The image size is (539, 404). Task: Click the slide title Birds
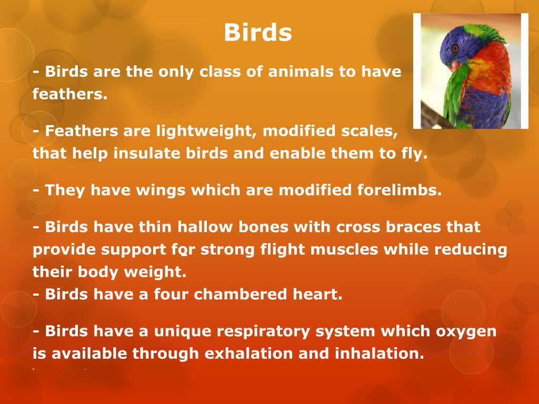coord(258,32)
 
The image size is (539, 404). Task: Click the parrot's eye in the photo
coord(455,48)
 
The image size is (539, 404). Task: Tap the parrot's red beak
coord(454,66)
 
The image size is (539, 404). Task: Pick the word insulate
coord(147,153)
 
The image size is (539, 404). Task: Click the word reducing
coord(470,250)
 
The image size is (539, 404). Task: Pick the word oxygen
coord(466,332)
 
